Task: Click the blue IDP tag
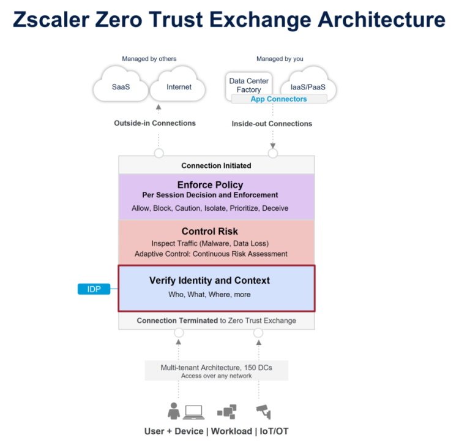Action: click(94, 289)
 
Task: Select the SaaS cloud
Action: click(120, 87)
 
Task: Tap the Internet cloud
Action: click(179, 87)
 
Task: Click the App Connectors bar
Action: click(278, 99)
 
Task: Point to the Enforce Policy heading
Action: click(210, 184)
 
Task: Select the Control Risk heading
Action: click(210, 232)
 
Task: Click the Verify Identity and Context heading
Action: click(209, 281)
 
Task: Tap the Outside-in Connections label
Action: click(155, 123)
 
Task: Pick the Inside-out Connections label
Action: click(272, 124)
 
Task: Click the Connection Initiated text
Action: click(216, 165)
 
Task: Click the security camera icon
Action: click(264, 411)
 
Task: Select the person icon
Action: click(174, 411)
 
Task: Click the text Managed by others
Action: click(149, 59)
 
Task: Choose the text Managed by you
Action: click(280, 59)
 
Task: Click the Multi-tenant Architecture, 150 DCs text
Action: click(216, 367)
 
